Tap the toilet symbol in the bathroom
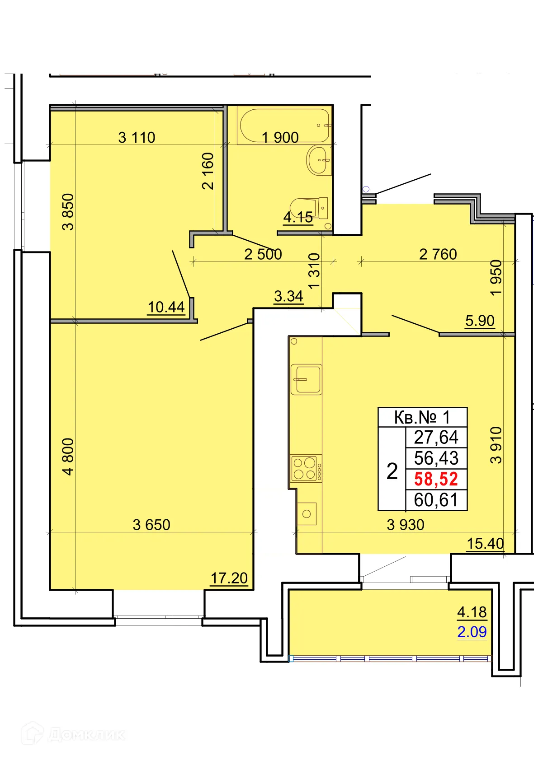[309, 208]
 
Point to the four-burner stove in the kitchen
[305, 468]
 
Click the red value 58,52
[436, 479]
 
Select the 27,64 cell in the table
[436, 437]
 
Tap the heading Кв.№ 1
[422, 417]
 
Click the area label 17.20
[229, 578]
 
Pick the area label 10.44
[166, 307]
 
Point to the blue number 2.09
[472, 632]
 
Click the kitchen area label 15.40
[485, 543]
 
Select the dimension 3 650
[151, 525]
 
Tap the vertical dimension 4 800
[68, 456]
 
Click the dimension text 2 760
[438, 254]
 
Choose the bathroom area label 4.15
[298, 218]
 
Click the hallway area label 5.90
[480, 321]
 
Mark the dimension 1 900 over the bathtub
[280, 137]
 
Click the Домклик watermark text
[86, 735]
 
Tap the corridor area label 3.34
[288, 296]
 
